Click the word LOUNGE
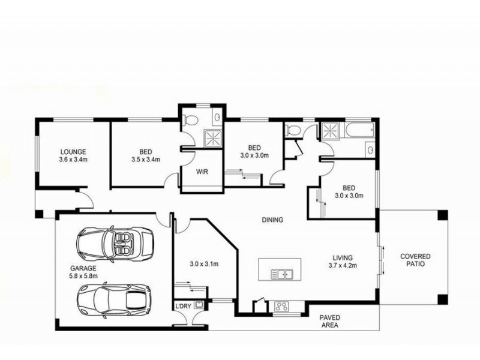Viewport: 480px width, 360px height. [x=73, y=152]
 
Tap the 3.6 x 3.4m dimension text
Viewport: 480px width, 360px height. [x=73, y=160]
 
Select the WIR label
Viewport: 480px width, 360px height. [x=202, y=171]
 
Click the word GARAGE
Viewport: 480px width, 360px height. [x=82, y=268]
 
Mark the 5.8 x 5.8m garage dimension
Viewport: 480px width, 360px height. [x=82, y=277]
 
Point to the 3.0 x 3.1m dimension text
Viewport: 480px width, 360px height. [x=203, y=263]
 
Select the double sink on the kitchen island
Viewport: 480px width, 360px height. [x=281, y=275]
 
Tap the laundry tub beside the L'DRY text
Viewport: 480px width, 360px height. [x=199, y=305]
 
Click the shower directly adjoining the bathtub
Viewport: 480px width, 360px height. [x=329, y=130]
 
